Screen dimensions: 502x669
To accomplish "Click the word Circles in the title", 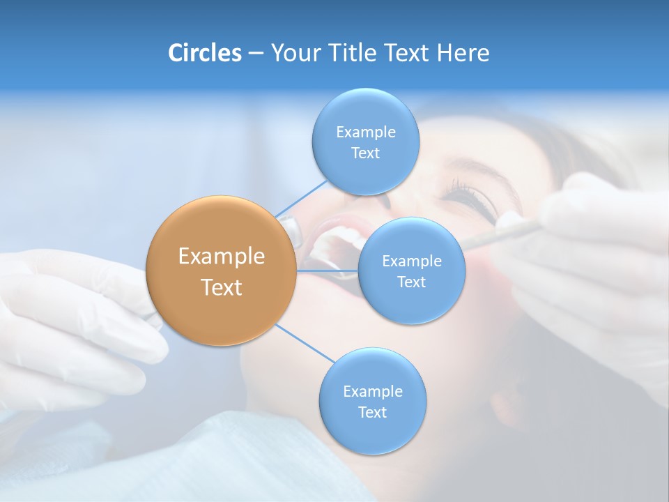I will tap(204, 53).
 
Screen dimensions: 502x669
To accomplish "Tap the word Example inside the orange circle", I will tap(222, 257).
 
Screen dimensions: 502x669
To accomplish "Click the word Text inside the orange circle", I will tap(222, 287).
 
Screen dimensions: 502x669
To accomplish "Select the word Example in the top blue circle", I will tap(365, 132).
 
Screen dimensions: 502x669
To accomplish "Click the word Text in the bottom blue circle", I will tap(372, 413).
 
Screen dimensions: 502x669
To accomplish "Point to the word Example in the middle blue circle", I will tap(411, 261).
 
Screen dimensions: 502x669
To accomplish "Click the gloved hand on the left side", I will tap(77, 321).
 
